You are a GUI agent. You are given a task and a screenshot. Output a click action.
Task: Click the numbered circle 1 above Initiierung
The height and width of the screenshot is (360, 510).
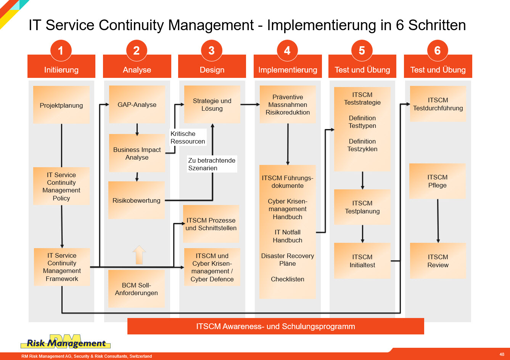61,50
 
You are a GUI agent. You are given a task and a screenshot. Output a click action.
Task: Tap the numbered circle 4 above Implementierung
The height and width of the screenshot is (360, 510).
287,50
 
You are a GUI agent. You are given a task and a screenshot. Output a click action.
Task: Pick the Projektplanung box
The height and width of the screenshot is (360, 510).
61,105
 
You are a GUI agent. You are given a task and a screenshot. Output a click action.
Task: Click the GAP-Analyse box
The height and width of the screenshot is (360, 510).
137,104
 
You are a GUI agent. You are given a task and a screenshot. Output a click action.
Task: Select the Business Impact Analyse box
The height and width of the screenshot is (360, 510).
137,153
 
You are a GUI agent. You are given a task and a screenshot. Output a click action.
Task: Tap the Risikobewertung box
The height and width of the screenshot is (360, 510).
137,200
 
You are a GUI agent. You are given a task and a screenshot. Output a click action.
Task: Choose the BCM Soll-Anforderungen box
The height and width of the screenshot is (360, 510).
137,289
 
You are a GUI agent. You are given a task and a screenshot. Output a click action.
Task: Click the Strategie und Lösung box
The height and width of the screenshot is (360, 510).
212,104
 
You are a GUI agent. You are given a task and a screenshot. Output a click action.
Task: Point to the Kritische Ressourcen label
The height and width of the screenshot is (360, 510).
188,137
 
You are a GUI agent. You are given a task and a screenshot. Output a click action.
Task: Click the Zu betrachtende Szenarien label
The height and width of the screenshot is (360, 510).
212,164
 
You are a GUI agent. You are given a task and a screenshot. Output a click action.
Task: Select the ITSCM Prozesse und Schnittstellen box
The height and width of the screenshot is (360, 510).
211,224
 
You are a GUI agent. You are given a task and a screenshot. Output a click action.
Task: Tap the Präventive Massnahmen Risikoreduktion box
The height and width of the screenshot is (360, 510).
288,104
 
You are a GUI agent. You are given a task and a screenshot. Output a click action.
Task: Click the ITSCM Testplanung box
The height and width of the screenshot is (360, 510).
362,207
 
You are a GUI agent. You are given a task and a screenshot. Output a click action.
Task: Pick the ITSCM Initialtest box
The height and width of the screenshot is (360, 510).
362,261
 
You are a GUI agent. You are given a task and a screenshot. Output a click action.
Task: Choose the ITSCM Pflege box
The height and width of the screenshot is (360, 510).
438,181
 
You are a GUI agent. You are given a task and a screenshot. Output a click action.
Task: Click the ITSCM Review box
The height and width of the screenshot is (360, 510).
438,261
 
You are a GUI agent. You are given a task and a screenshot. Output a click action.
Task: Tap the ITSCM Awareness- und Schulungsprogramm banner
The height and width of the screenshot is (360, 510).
275,326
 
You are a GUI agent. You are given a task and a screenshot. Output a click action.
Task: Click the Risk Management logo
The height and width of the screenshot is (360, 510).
66,342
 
